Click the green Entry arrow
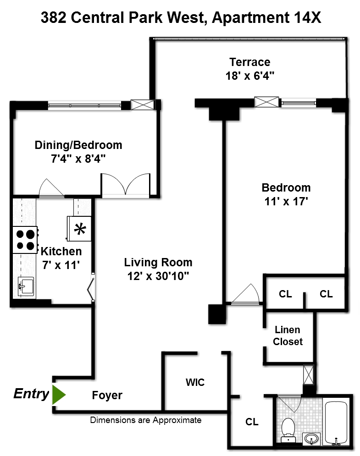click(58, 395)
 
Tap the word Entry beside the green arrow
click(31, 394)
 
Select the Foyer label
click(107, 396)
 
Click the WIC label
click(195, 382)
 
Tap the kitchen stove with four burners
click(26, 240)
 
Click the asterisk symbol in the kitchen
click(81, 229)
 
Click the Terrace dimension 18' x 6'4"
click(249, 76)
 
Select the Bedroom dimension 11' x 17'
click(286, 202)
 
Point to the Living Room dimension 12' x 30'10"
click(158, 276)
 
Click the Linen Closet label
click(288, 335)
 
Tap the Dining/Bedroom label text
click(78, 145)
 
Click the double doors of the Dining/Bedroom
click(126, 186)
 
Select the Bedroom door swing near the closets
click(248, 295)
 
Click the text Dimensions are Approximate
click(145, 420)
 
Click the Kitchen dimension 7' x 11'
click(61, 264)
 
